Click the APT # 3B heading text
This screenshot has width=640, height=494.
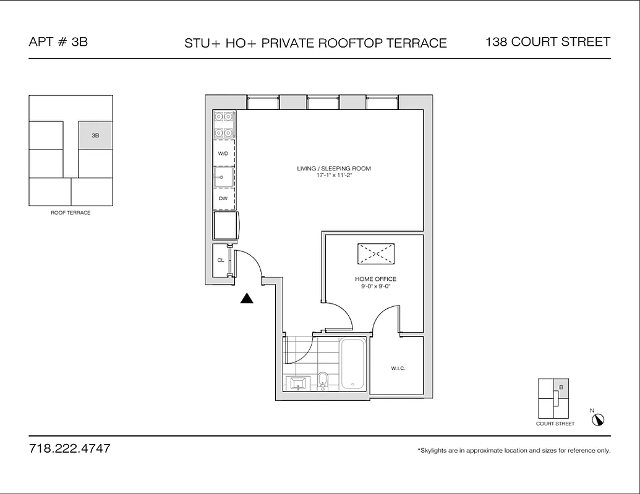tap(58, 42)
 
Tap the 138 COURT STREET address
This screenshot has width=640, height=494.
tap(548, 42)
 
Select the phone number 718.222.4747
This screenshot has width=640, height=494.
tap(70, 448)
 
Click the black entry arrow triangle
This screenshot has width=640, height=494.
tap(247, 298)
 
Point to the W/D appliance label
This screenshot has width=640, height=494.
tap(223, 153)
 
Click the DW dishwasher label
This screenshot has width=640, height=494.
tap(223, 199)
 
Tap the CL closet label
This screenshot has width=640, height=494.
tap(220, 260)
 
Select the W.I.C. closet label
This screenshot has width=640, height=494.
tap(398, 369)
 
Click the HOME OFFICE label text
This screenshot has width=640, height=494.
tap(375, 279)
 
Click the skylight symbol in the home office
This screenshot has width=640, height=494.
tap(375, 254)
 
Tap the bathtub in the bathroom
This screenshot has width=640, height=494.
tap(353, 364)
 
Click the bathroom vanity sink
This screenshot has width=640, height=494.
tap(300, 383)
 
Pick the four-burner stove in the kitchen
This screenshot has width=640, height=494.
tap(223, 124)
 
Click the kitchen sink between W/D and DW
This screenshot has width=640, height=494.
tap(223, 177)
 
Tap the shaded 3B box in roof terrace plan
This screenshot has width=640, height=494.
tap(95, 135)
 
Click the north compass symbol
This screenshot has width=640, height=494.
tap(598, 419)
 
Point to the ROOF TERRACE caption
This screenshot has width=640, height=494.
tap(70, 213)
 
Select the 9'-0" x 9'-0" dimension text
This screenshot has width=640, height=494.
tap(375, 287)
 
